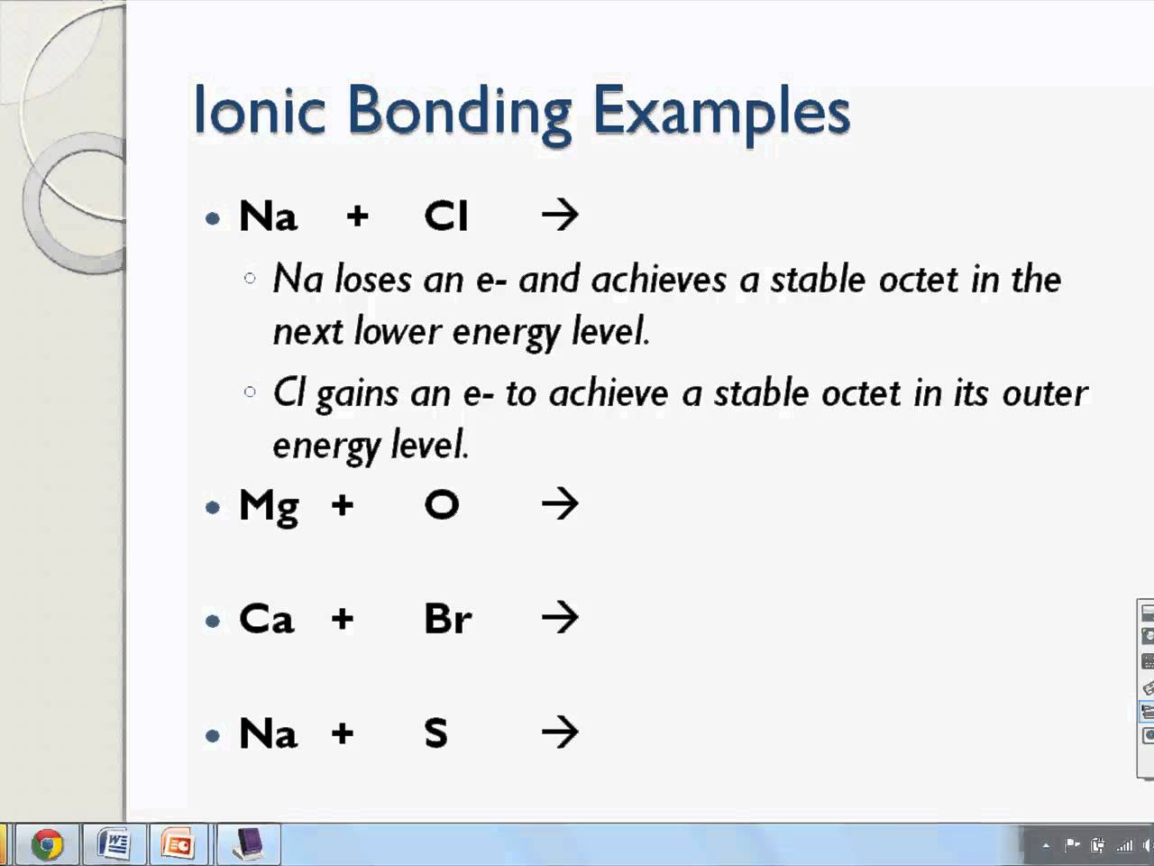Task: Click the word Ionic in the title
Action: point(260,111)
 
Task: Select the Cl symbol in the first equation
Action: point(446,216)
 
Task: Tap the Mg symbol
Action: point(269,506)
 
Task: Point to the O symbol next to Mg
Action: point(442,505)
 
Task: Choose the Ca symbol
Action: point(267,620)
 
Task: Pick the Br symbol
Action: point(448,620)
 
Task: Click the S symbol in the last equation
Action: point(436,733)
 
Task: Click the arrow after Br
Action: point(560,619)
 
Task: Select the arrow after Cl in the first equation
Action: point(560,216)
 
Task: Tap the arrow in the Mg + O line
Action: point(560,504)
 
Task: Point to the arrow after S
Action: point(560,732)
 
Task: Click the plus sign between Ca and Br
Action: point(342,620)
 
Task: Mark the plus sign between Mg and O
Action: point(342,505)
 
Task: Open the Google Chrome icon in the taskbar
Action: point(47,845)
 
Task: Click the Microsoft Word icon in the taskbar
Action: point(114,845)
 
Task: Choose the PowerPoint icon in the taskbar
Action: point(178,845)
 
